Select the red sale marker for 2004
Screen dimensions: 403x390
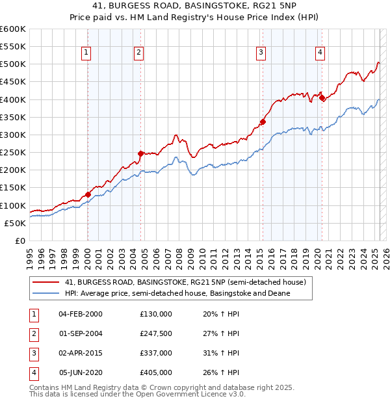(x=140, y=153)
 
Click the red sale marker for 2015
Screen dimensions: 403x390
(x=263, y=122)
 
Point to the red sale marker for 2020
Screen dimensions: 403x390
(x=322, y=98)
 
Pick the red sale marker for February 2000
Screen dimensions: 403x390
(x=88, y=194)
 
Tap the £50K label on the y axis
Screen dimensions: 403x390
(x=15, y=223)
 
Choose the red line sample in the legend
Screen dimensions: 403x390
(x=45, y=283)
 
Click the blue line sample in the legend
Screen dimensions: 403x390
(x=45, y=294)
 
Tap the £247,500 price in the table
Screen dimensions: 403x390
(x=156, y=333)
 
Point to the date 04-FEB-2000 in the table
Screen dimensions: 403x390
(x=81, y=314)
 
